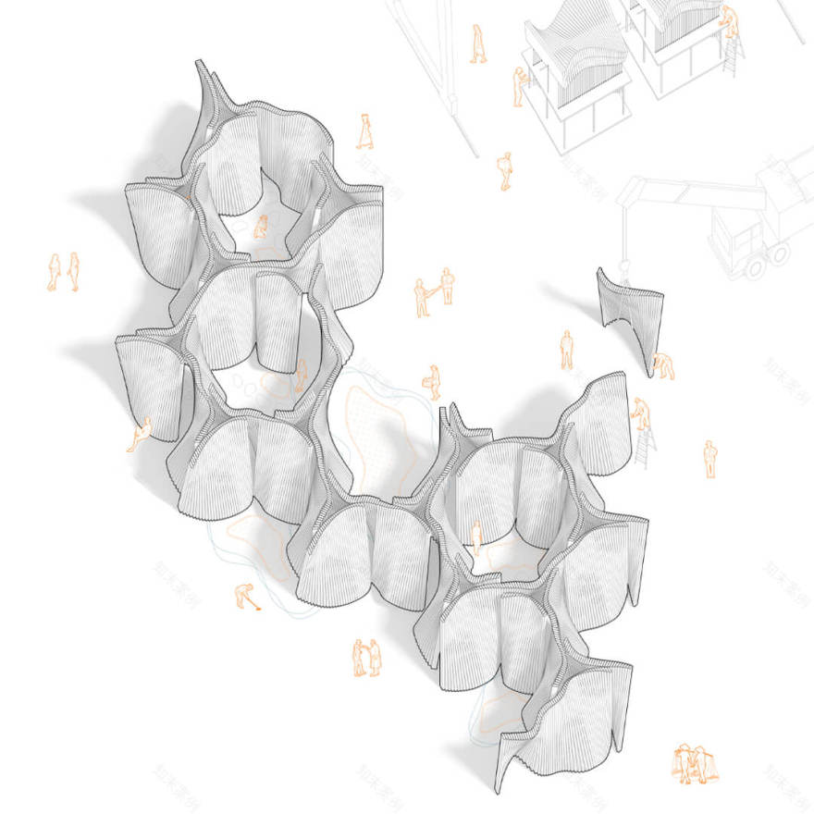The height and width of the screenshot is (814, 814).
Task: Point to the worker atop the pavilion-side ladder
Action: click(638, 413)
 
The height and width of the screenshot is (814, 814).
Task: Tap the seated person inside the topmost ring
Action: click(262, 225)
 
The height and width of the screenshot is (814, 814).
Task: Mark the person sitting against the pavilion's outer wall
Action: click(141, 433)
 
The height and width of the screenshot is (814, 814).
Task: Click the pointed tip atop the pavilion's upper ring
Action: click(204, 68)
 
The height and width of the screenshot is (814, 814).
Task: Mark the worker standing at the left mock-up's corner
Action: click(520, 86)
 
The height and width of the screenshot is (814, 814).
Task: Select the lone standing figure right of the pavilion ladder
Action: click(709, 458)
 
